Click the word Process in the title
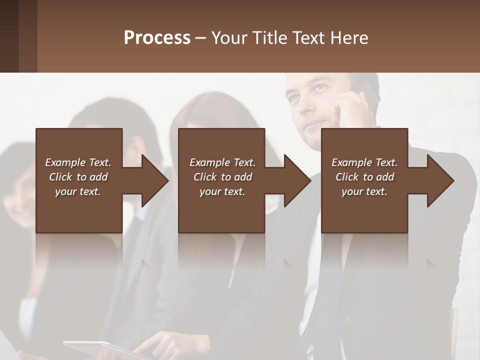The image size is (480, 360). (157, 38)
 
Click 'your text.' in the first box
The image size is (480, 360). (78, 191)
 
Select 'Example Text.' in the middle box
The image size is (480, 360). (222, 162)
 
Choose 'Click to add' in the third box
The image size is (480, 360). (364, 177)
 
